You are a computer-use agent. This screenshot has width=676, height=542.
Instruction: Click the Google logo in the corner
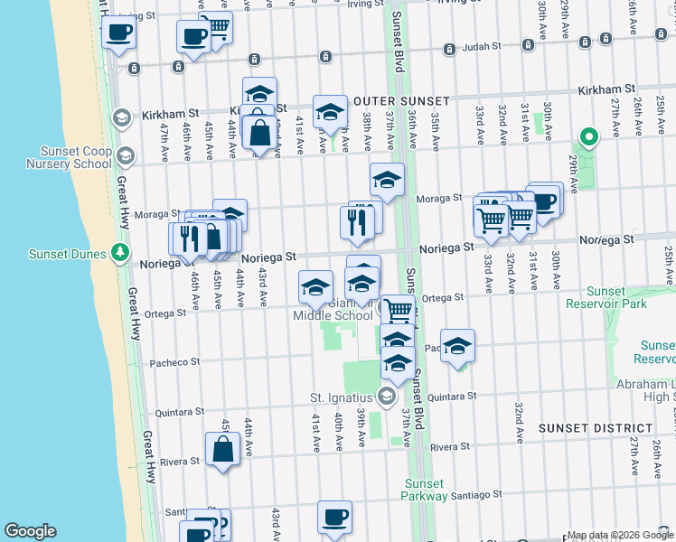click(30, 531)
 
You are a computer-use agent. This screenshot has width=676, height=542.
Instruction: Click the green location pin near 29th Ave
click(588, 138)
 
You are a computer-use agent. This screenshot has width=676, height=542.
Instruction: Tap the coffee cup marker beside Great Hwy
click(118, 34)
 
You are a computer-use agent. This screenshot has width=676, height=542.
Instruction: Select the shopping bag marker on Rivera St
click(222, 449)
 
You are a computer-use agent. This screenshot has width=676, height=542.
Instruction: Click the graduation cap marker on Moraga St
click(387, 180)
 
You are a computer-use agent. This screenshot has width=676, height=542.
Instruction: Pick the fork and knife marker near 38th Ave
click(357, 221)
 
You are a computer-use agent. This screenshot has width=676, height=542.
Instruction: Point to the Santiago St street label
click(477, 495)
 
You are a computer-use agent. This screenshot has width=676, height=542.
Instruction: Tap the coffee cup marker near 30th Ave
click(544, 201)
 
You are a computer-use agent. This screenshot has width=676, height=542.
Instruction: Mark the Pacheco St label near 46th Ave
click(175, 362)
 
